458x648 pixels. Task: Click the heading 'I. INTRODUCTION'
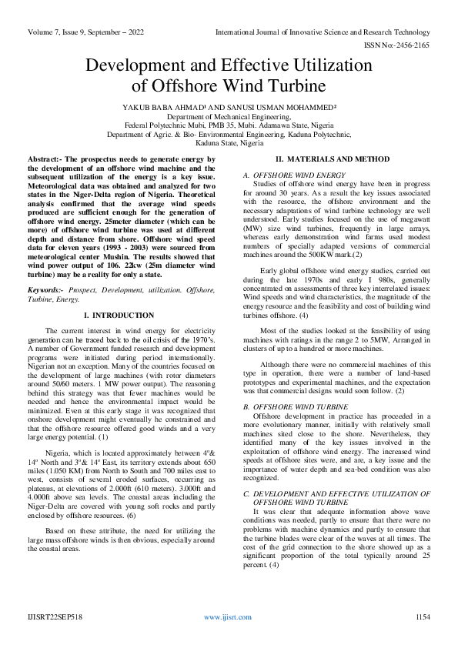tap(122, 316)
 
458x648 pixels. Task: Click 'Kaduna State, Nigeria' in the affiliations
tap(229, 143)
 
